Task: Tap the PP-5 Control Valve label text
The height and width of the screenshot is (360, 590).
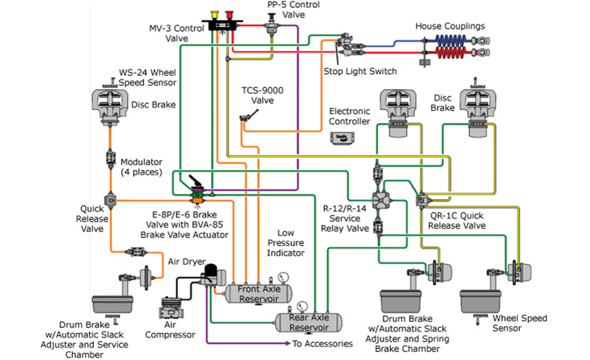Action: [x=286, y=9]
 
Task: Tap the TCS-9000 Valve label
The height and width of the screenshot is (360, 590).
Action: [x=263, y=96]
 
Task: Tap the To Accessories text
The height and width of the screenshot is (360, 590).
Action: [x=322, y=344]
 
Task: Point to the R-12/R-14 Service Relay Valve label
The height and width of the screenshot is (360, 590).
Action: [x=344, y=218]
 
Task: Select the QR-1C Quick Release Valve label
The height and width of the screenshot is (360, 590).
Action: [x=457, y=220]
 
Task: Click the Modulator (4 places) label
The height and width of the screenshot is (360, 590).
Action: [x=142, y=167]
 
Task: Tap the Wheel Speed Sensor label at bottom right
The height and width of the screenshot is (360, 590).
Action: [x=520, y=323]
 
